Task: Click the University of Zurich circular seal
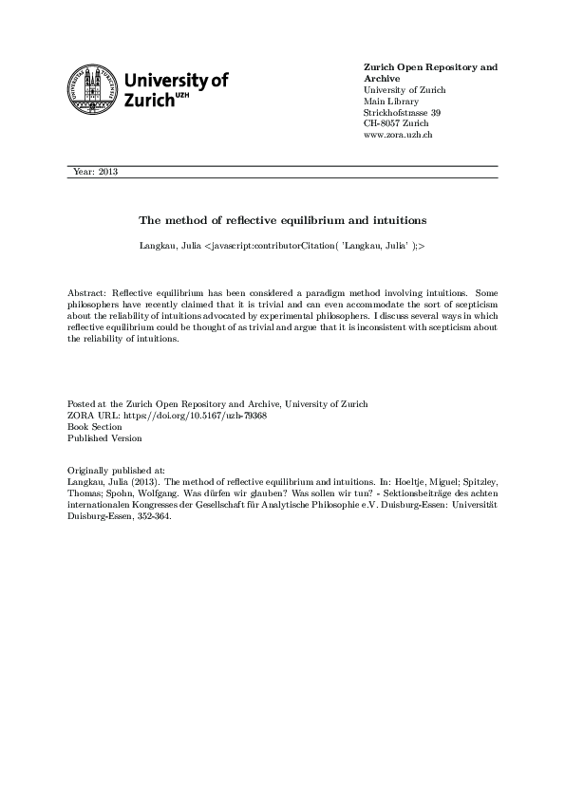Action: [92, 87]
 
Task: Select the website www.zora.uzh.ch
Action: [398, 136]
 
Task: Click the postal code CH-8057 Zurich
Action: [396, 124]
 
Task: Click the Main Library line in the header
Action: [392, 102]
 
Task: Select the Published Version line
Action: [104, 438]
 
